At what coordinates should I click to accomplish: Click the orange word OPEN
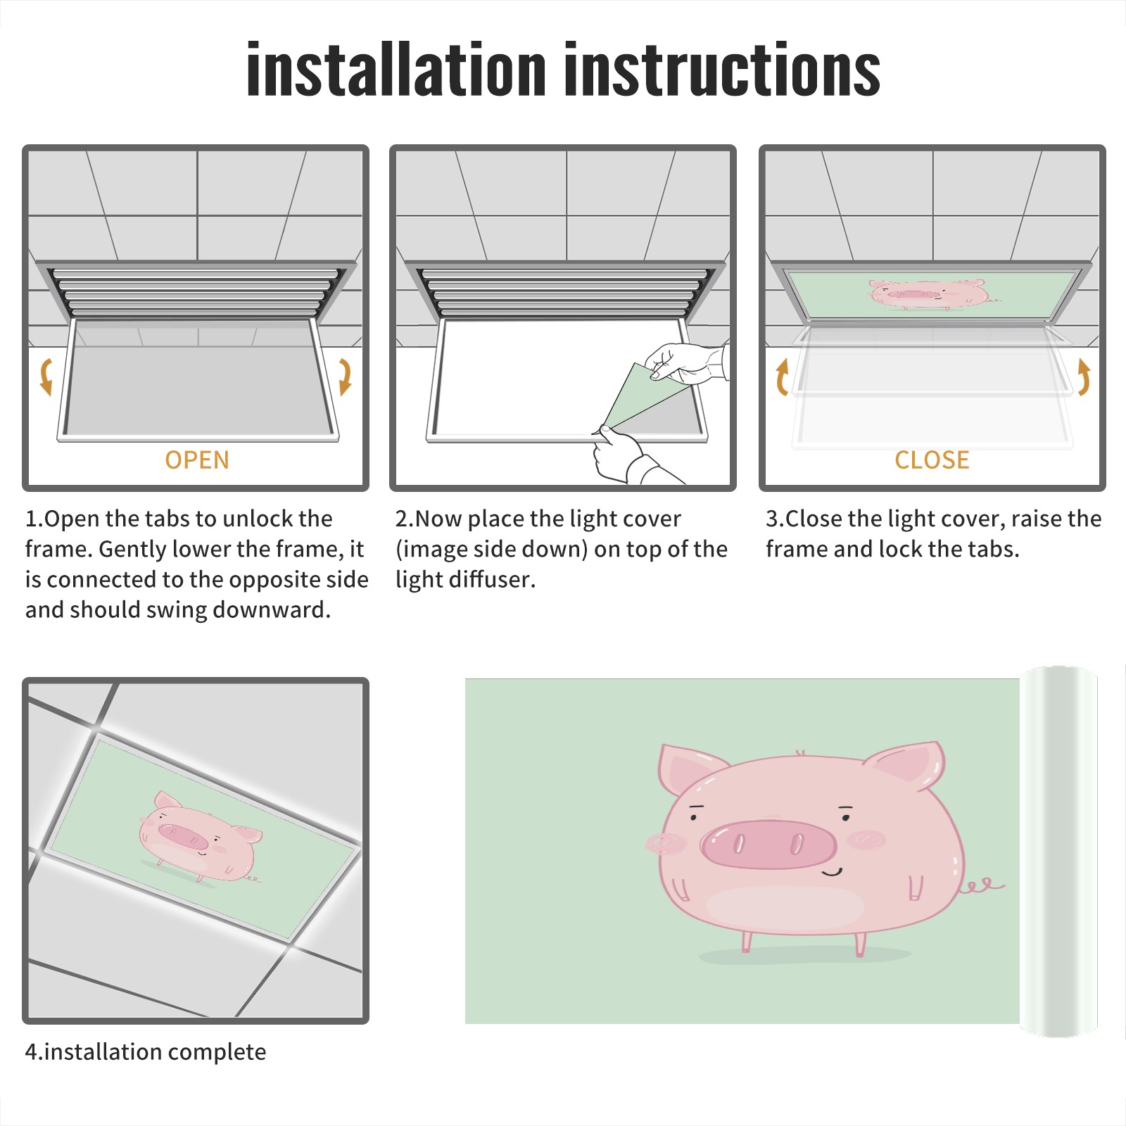(x=197, y=460)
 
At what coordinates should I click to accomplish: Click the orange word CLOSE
(x=932, y=460)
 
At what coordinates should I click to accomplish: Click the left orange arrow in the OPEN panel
(x=45, y=377)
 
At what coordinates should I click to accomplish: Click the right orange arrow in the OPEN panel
(x=345, y=377)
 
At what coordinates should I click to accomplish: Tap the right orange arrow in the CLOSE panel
(x=1084, y=377)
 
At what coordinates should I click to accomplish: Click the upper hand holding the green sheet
(x=687, y=363)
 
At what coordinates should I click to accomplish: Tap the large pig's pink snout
(x=768, y=843)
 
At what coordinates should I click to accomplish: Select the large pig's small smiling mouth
(x=833, y=873)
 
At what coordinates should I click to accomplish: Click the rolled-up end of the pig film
(x=1058, y=852)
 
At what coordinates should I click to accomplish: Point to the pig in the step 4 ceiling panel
(x=200, y=837)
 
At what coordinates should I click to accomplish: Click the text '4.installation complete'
(x=146, y=1052)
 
